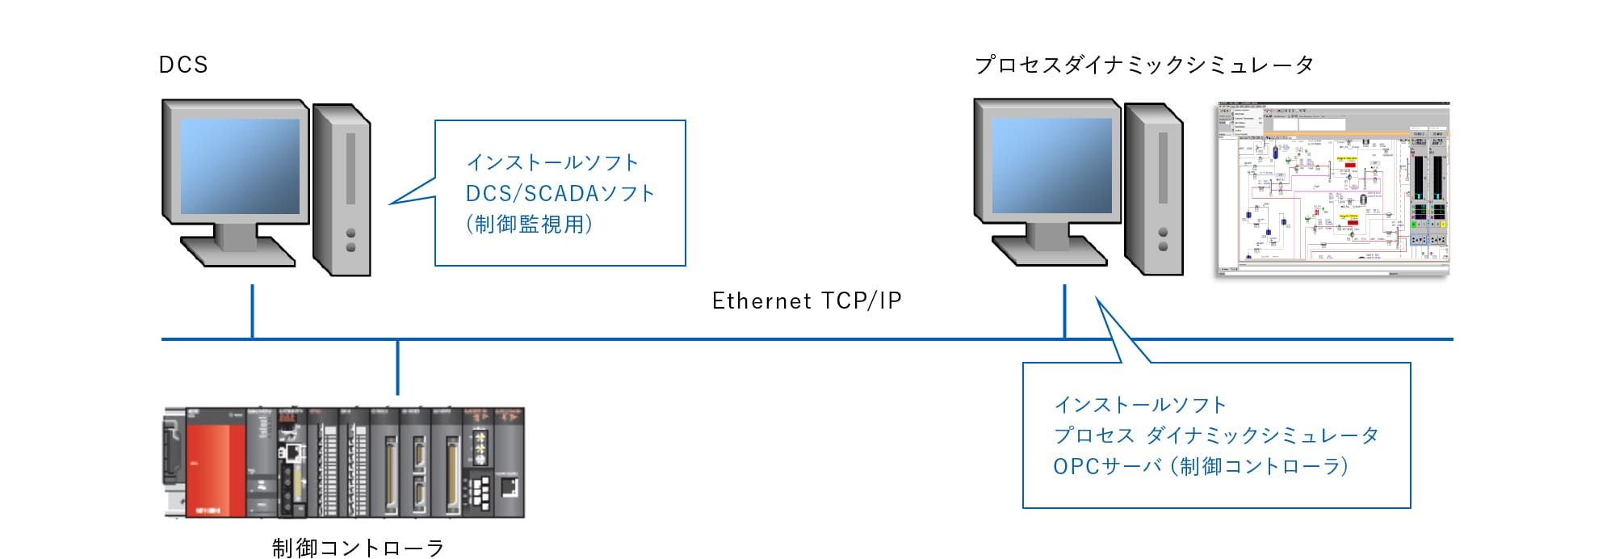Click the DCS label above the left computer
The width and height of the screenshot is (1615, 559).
pos(183,65)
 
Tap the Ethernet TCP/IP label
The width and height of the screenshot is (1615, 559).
pos(806,301)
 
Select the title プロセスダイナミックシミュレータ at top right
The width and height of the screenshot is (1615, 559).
pos(1143,65)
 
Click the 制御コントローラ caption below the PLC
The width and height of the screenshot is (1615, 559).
pos(358,548)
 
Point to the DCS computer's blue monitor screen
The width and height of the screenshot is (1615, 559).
pos(240,166)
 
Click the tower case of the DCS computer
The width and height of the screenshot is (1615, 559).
pos(342,190)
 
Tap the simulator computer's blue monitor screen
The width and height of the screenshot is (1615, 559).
pos(1051,166)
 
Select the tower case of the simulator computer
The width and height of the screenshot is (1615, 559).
pos(1155,189)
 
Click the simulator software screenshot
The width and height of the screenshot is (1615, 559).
pos(1333,189)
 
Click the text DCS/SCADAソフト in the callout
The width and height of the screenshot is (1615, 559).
pos(560,194)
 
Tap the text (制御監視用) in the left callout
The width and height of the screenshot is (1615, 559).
pos(529,225)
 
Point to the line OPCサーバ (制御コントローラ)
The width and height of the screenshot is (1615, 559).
pos(1200,467)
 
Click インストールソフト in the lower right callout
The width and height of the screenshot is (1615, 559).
pos(1140,405)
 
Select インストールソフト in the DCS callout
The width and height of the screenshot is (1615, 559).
pos(552,163)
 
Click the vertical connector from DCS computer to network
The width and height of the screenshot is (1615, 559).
pos(253,311)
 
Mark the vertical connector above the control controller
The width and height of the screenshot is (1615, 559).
pos(397,368)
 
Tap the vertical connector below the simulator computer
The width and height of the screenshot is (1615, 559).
pos(1064,311)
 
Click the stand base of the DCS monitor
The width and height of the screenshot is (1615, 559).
pos(237,251)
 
